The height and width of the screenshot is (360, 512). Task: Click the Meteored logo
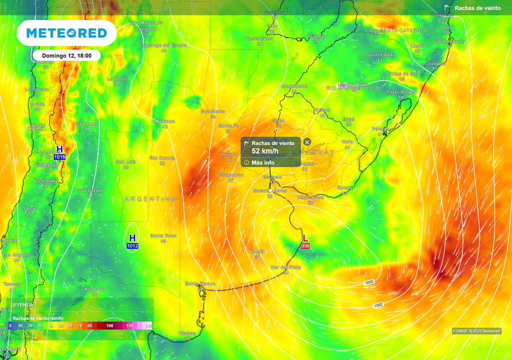[66, 33]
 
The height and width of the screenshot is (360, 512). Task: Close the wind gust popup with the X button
[307, 142]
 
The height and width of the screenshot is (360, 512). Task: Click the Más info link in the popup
[262, 162]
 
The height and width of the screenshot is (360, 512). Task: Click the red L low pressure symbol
[305, 238]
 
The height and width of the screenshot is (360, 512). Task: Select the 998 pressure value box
[305, 246]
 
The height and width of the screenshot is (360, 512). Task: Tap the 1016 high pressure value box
[60, 157]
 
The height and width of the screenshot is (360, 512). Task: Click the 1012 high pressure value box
[132, 246]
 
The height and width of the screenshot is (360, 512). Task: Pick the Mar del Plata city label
[286, 267]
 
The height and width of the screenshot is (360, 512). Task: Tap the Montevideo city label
[310, 197]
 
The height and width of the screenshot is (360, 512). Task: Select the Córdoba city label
[165, 121]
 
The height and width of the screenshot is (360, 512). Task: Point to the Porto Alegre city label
[401, 92]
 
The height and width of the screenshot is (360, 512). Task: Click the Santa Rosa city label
[163, 235]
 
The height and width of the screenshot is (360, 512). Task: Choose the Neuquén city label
[94, 289]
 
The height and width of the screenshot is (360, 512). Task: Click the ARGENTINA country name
[150, 199]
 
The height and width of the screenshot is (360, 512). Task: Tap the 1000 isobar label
[369, 282]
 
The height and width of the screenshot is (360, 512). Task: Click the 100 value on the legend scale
[110, 325]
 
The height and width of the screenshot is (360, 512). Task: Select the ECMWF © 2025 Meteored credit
[476, 331]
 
